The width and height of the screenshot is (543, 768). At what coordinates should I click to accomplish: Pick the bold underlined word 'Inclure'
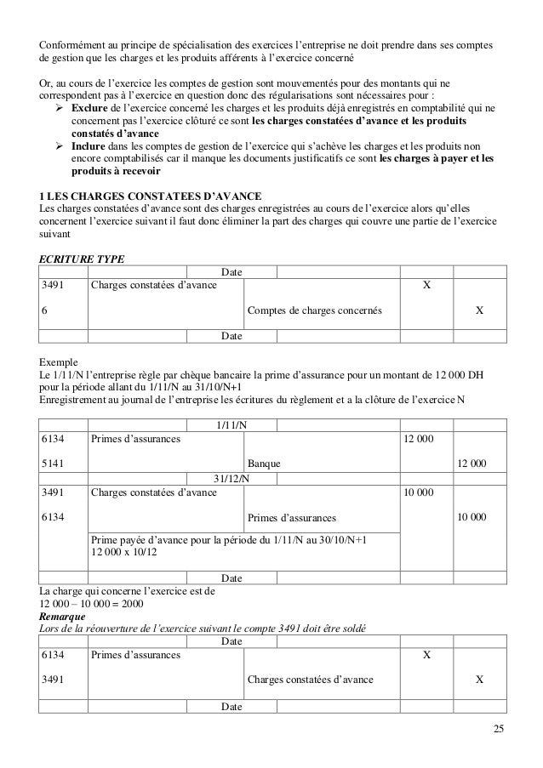pos(89,145)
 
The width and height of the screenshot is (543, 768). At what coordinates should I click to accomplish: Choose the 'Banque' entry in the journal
pos(264,464)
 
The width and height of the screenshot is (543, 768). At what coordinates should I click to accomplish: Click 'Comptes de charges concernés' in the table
pos(314,311)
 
